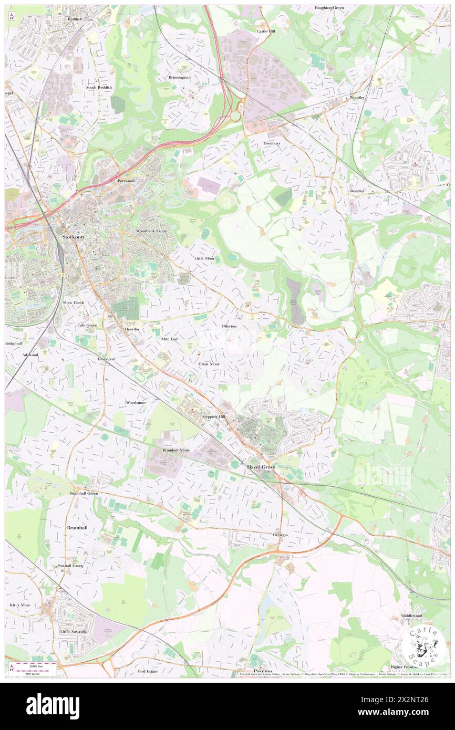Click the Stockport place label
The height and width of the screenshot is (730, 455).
(73, 237)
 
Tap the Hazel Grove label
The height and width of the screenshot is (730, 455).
(262, 466)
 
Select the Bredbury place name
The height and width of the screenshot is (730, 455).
(272, 143)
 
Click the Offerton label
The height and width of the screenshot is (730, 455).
(229, 326)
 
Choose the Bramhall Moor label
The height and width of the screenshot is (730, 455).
(176, 450)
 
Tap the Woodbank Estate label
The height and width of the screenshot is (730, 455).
(151, 231)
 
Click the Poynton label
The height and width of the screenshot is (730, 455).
(262, 671)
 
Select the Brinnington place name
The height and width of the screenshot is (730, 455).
(179, 77)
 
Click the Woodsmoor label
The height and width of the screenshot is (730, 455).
(136, 402)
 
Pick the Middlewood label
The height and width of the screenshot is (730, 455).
(411, 615)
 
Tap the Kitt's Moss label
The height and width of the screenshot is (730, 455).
(20, 605)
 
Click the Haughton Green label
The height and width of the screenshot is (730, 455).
(329, 8)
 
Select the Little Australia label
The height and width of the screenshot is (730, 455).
(73, 631)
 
